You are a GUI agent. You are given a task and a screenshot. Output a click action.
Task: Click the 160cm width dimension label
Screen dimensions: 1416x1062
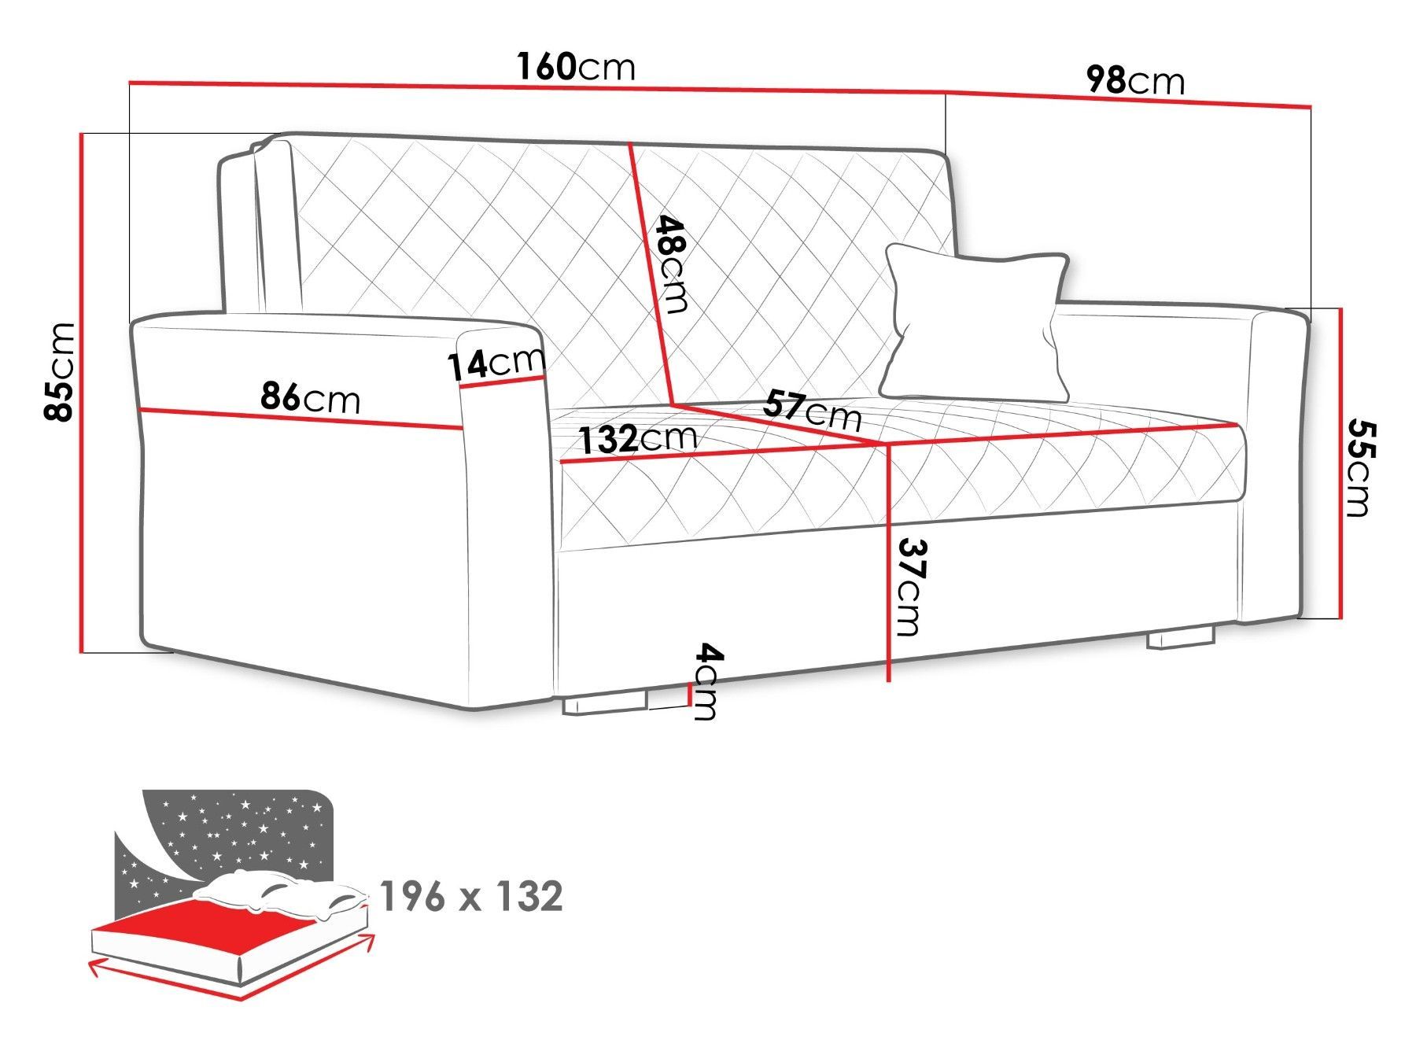[576, 67]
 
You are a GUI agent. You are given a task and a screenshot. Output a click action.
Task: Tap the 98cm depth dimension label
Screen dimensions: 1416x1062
[1134, 80]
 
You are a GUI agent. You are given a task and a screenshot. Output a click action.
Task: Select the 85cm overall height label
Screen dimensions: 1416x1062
[61, 371]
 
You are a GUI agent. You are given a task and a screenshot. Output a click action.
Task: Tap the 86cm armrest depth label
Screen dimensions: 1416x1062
[311, 398]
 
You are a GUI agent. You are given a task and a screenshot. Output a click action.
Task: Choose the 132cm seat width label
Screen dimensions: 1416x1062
[638, 438]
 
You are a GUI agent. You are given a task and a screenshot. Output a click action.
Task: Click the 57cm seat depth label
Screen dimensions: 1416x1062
[812, 411]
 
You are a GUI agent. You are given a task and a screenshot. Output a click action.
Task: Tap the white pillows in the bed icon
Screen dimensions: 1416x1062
[283, 896]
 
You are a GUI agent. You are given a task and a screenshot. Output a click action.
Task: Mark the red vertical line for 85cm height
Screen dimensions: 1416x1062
[81, 393]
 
